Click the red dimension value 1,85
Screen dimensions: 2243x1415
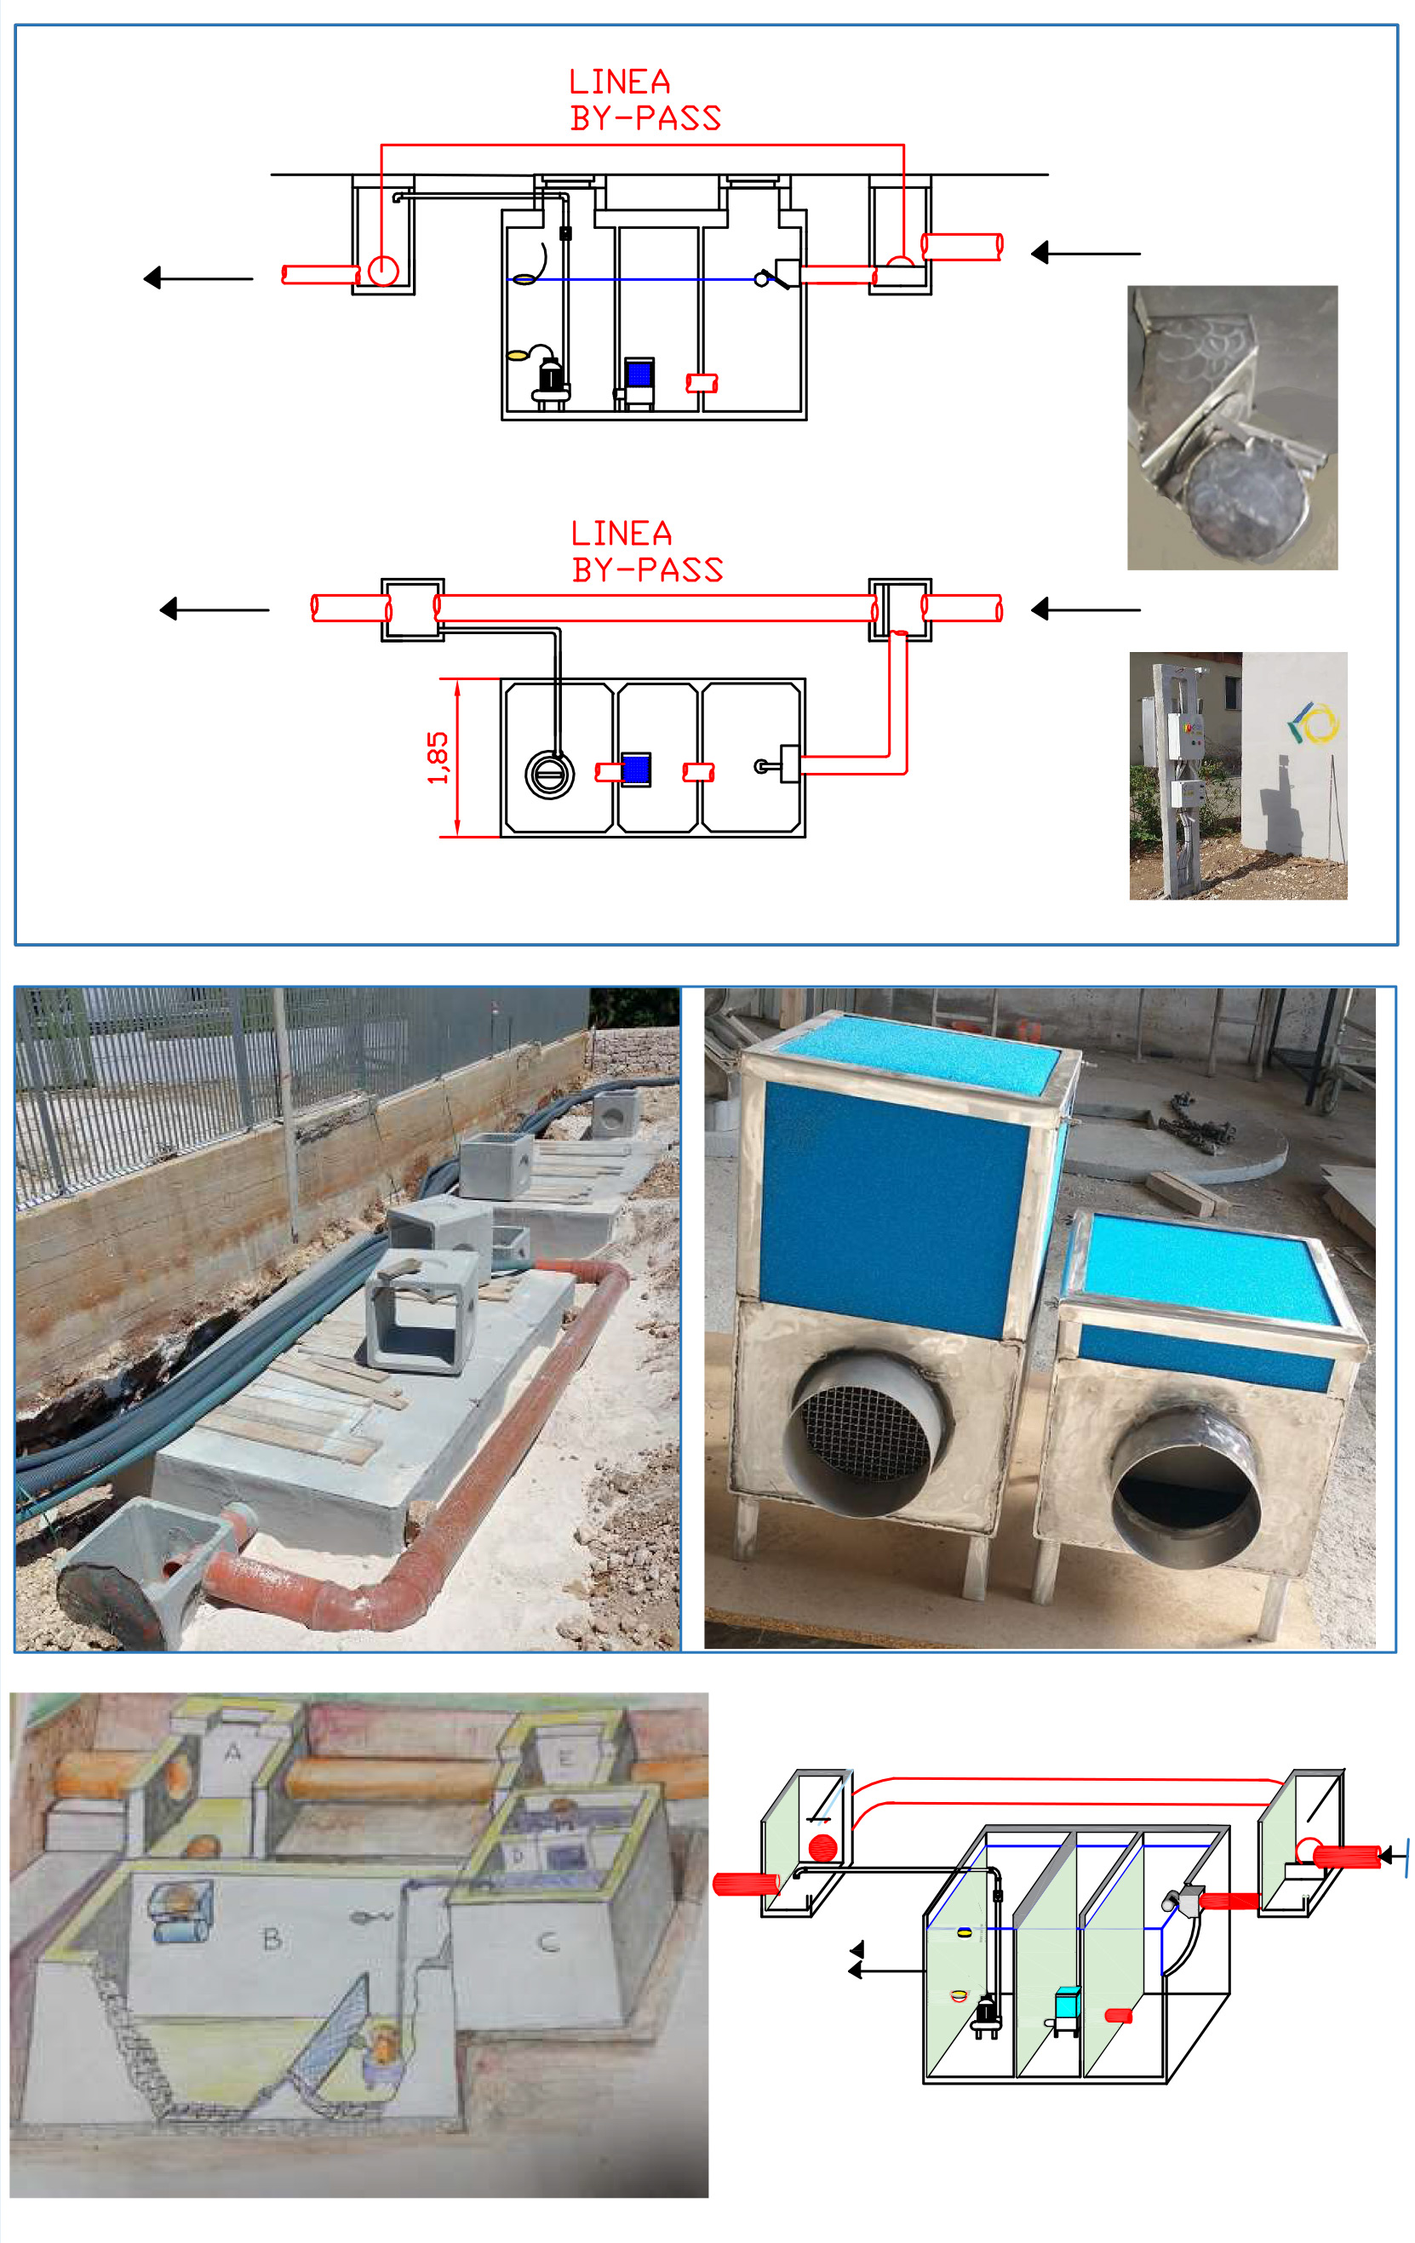tap(438, 758)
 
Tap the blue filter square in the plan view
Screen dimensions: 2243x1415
tap(636, 770)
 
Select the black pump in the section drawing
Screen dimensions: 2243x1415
tap(551, 379)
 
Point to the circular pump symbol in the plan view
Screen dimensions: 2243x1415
tap(550, 773)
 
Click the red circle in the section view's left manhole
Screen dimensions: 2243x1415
tap(383, 270)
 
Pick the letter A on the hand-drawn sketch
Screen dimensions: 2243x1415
tap(233, 1752)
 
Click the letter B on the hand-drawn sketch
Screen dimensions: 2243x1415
tap(272, 1938)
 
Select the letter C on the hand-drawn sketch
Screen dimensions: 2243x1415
tap(550, 1943)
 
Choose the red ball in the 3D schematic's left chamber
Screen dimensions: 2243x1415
tap(822, 1848)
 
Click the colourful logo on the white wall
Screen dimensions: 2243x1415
tap(1313, 723)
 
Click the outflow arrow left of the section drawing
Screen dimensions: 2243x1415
tap(198, 278)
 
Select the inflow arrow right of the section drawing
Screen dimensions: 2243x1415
tap(1086, 253)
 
